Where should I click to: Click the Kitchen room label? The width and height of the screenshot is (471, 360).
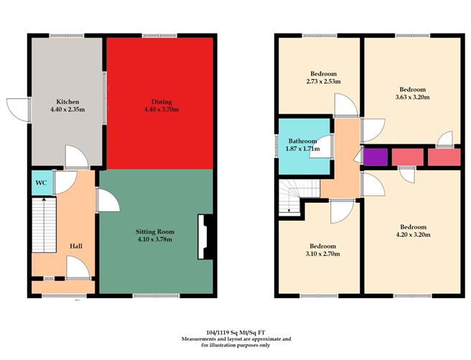pos(69,102)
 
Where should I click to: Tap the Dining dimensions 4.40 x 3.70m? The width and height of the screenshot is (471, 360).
pos(159,109)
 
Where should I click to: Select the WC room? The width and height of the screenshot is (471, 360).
pos(41,183)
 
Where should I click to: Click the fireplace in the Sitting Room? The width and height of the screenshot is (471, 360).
pos(204,236)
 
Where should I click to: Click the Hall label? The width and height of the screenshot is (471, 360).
pos(75,246)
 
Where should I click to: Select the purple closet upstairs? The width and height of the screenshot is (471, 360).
pos(374,157)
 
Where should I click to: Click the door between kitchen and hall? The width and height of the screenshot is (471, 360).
pos(74,157)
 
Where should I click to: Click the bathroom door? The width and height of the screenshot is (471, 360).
pos(326,147)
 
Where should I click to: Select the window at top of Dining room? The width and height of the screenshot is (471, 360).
pos(159,35)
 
